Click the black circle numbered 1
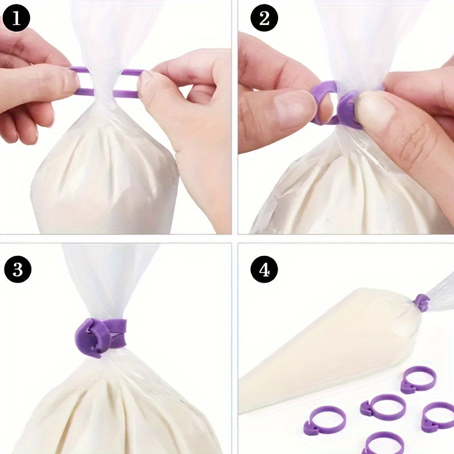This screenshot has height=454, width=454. pos(16,18)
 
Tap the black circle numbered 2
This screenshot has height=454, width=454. pos(264,18)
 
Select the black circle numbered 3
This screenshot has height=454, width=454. pos(18,269)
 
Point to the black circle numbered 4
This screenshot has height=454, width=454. pos(264,269)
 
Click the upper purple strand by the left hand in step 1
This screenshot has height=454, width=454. pos(79,69)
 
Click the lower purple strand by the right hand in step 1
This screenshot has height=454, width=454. pos(125,94)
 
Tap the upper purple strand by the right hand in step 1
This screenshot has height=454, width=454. pos(132,72)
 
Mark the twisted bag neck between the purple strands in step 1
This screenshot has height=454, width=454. pos(102,82)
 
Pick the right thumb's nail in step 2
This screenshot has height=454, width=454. pos(365,107)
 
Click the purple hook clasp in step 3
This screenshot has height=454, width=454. pos(92,337)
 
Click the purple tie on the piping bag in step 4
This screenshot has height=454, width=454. pos(422,303)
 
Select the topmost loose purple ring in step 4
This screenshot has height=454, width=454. pos(418,380)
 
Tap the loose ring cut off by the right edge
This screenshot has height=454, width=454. pos(437,417)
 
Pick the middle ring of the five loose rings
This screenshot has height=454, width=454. pos(382,407)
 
